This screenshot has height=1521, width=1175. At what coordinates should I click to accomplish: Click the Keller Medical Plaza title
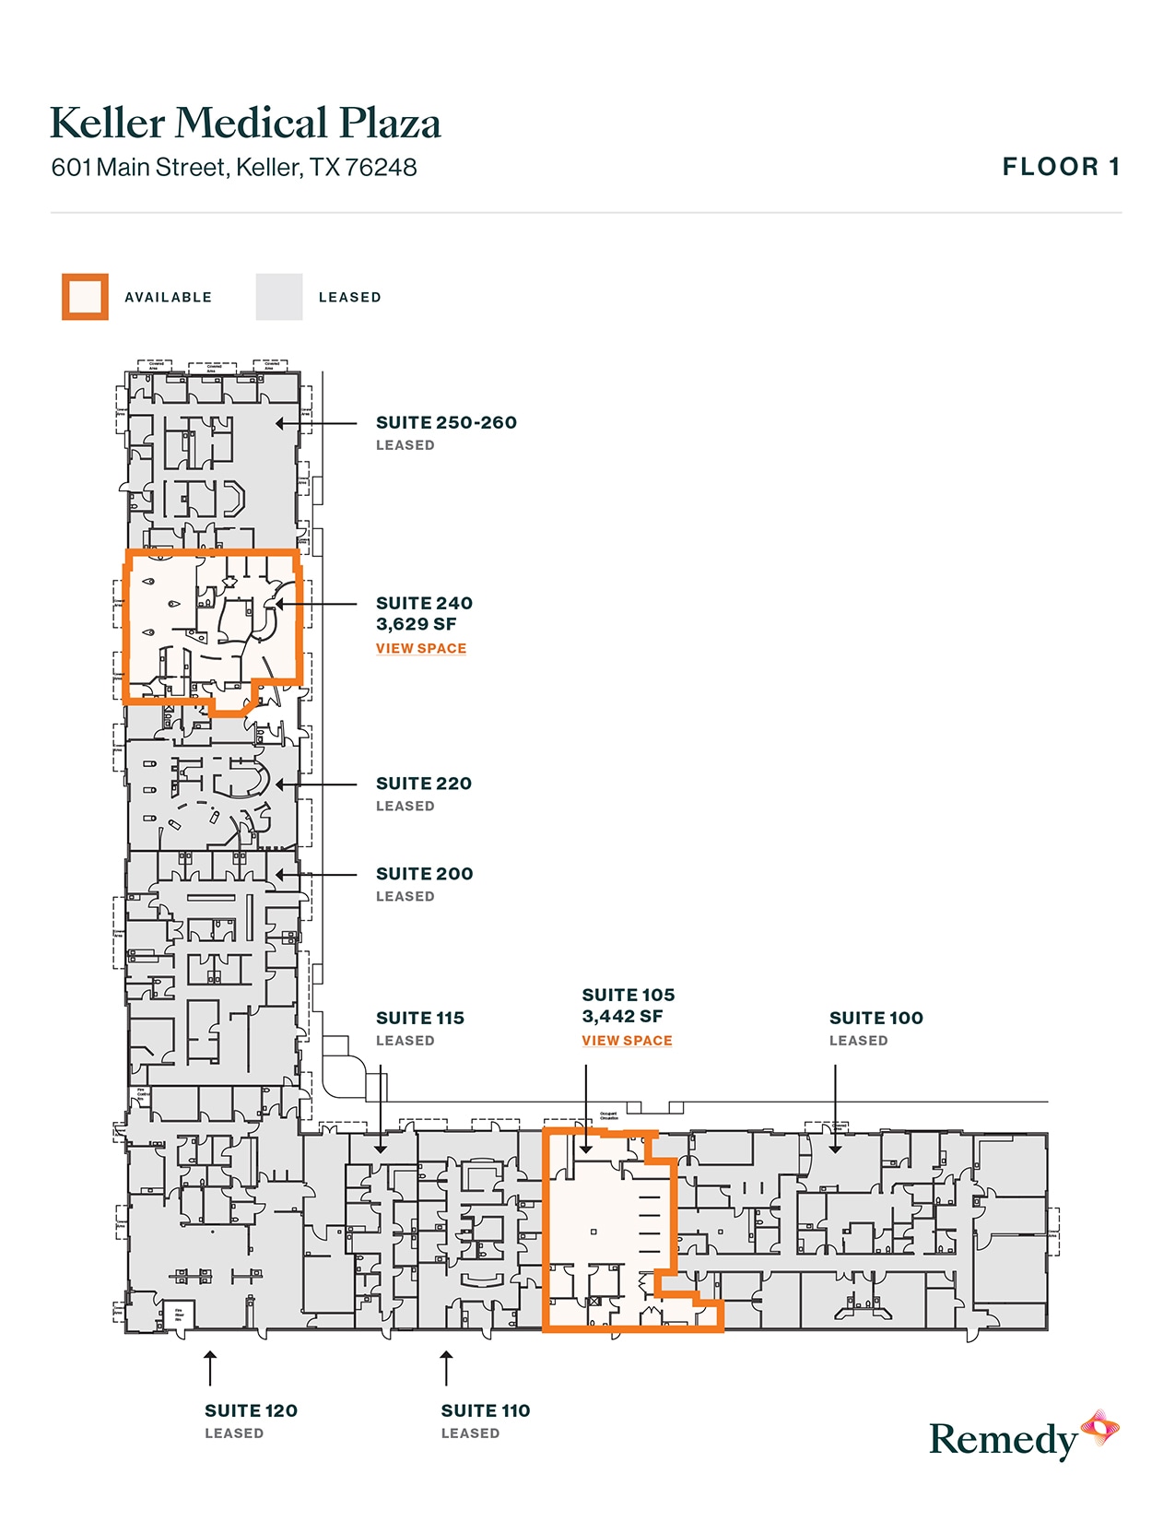click(245, 124)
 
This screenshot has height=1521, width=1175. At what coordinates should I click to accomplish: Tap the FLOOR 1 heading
click(1061, 167)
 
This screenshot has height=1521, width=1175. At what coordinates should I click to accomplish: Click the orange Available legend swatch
click(85, 297)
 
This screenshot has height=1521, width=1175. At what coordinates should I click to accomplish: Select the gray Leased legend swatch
click(278, 297)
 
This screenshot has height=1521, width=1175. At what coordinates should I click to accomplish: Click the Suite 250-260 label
click(446, 423)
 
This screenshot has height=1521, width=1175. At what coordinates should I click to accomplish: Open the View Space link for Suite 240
click(421, 649)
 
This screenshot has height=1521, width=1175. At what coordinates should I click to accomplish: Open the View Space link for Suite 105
click(627, 1041)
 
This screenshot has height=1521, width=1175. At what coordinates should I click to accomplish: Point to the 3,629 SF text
click(416, 625)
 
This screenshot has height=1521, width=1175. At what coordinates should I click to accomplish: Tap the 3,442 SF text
click(622, 1017)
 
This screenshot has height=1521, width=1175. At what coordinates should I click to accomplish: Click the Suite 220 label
click(424, 784)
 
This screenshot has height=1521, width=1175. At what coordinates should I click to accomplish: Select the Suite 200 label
click(424, 874)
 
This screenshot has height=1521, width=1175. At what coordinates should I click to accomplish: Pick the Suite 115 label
click(420, 1019)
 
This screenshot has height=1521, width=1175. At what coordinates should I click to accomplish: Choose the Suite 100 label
click(875, 1019)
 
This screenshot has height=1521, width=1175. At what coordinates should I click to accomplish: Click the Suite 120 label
click(251, 1411)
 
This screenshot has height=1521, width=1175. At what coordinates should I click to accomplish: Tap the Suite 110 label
click(486, 1411)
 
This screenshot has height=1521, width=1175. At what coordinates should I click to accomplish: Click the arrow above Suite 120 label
click(210, 1368)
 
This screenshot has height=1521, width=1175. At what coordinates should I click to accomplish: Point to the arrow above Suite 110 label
click(446, 1368)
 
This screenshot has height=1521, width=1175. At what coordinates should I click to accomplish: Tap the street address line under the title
click(234, 168)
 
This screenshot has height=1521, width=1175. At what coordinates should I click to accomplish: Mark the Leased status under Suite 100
click(858, 1041)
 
